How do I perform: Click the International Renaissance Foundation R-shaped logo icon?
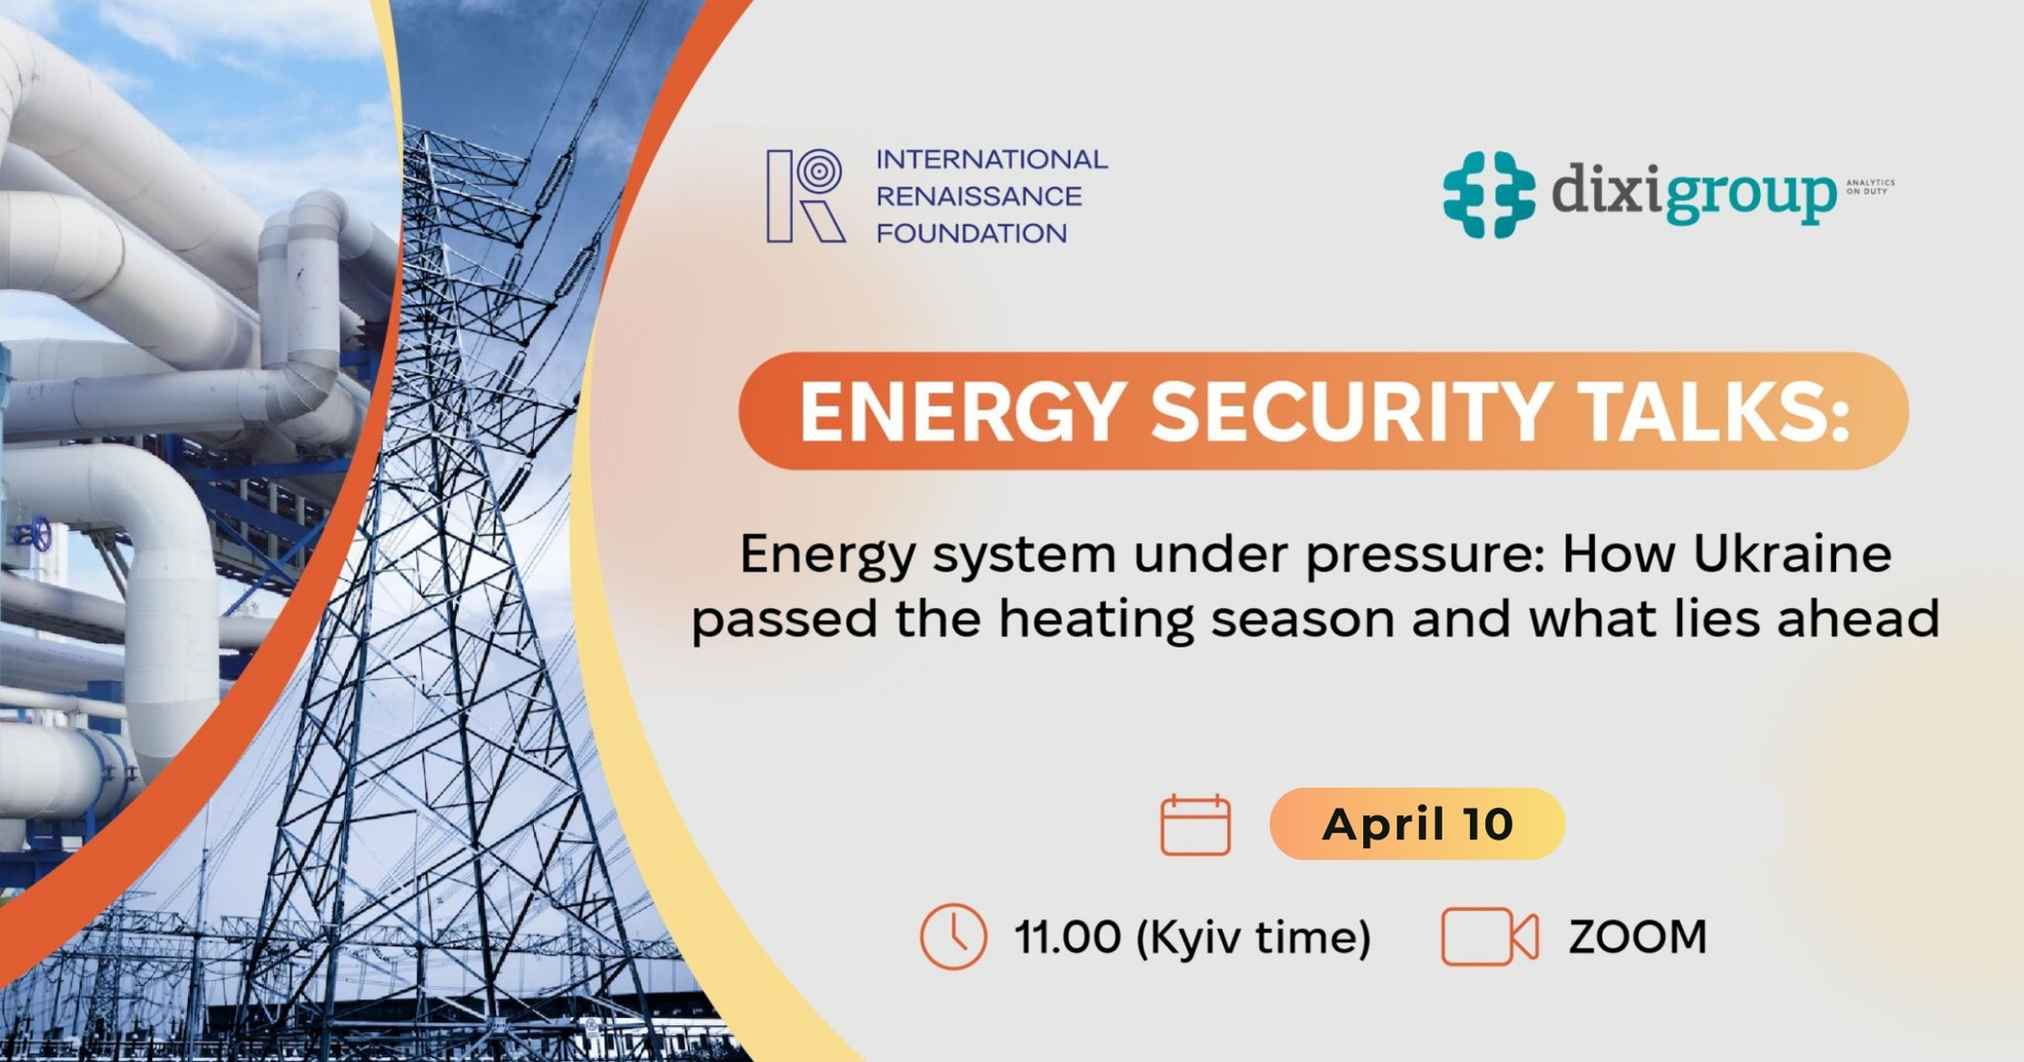point(806,196)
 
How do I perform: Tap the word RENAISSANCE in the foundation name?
point(978,197)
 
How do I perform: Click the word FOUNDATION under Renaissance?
point(971,233)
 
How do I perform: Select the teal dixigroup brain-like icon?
point(1488,194)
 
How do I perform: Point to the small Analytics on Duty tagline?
point(1870,186)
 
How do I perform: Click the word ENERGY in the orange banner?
point(963,412)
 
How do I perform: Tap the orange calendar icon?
point(1195,825)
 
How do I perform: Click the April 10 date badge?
point(1417,824)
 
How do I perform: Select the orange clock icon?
point(953,936)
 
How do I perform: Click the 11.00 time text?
point(1067,937)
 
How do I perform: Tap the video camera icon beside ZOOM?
point(1488,936)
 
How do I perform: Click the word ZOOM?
point(1638,937)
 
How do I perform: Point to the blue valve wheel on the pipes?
point(40,533)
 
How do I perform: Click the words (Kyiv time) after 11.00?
point(1253,937)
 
